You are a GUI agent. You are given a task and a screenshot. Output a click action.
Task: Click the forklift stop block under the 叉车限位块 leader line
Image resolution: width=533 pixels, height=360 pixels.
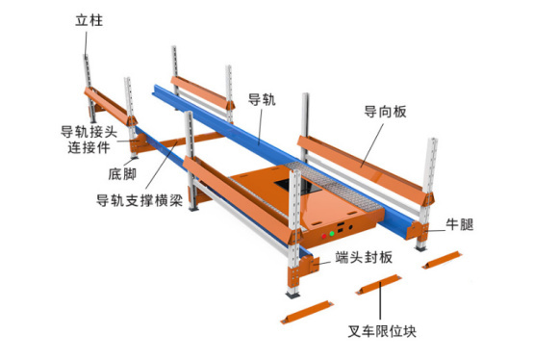pyautogui.click(x=379, y=285)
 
